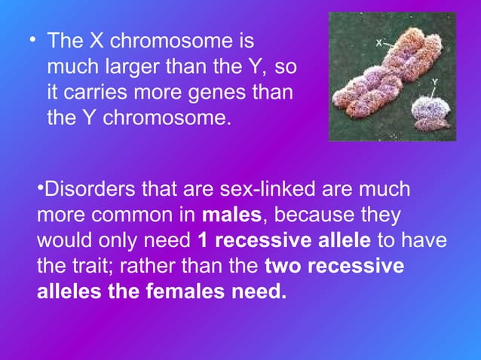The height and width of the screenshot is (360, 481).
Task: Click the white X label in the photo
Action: click(380, 44)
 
